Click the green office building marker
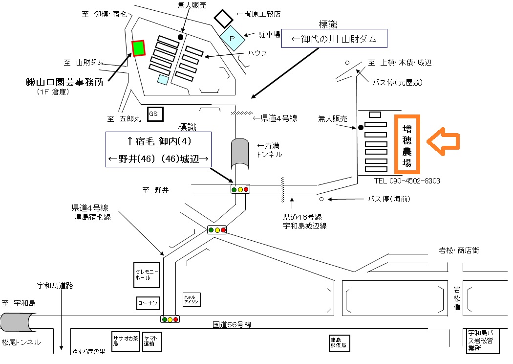138,48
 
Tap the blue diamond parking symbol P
232,38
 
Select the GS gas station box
155,114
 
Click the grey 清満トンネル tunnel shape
240,154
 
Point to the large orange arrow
443,141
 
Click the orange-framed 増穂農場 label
407,144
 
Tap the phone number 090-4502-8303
414,181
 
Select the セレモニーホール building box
147,275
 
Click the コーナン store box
148,303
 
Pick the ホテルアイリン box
192,299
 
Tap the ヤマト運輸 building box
152,341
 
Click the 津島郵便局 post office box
340,343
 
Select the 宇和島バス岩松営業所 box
483,341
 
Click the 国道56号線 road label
232,325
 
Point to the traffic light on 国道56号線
170,319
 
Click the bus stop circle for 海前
321,199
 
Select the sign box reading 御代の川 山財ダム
334,39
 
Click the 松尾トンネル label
21,342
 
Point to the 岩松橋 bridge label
457,298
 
